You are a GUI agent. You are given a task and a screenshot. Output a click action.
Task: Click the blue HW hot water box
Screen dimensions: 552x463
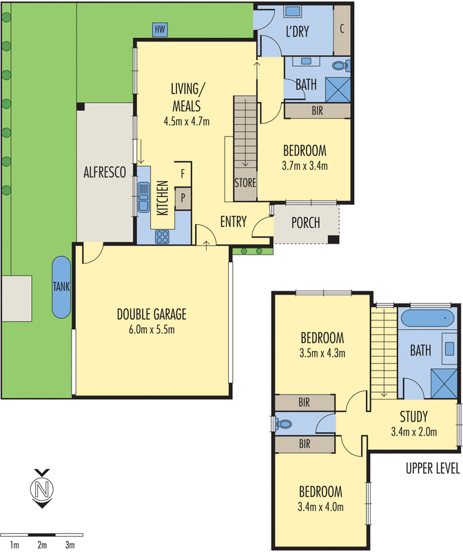[x=161, y=29]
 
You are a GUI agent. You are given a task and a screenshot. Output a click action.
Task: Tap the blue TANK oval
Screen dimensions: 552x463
[x=60, y=287]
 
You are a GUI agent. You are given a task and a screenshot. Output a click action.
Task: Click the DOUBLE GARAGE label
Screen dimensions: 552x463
[x=152, y=315]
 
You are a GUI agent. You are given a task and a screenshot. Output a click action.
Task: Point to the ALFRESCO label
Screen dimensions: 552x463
[x=105, y=173]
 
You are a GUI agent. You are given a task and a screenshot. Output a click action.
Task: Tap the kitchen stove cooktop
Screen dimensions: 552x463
[x=164, y=237]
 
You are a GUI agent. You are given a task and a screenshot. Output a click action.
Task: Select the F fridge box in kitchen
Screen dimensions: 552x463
[x=183, y=173]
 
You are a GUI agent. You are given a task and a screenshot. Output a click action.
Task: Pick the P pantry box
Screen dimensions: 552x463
[x=183, y=198]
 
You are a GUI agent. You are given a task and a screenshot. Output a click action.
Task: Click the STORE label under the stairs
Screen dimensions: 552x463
[x=245, y=184]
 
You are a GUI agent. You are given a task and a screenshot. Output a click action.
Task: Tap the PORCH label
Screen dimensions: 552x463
[x=305, y=223]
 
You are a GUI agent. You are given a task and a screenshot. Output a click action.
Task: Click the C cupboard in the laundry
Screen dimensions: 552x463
[x=342, y=29]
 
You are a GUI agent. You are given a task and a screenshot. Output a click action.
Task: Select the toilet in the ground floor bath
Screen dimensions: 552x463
[x=341, y=66]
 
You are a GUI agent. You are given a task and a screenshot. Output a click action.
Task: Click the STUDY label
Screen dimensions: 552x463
[x=414, y=417]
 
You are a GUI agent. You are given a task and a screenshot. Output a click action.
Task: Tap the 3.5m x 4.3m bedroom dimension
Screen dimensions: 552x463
[x=322, y=353]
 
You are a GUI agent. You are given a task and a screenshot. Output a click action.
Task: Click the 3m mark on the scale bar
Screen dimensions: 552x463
[x=70, y=545]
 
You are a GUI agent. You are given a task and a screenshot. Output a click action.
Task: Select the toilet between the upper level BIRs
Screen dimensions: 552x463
[x=284, y=423]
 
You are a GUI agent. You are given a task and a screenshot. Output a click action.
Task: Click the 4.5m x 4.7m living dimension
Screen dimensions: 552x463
[x=186, y=121]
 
